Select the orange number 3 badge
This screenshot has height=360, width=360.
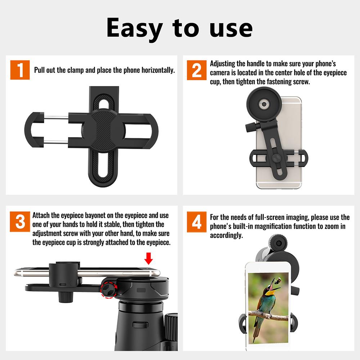tap(21, 222)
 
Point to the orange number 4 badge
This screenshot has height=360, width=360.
tap(197, 222)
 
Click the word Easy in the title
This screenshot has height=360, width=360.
tap(135, 29)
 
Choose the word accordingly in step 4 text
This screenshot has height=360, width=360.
tap(226, 235)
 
